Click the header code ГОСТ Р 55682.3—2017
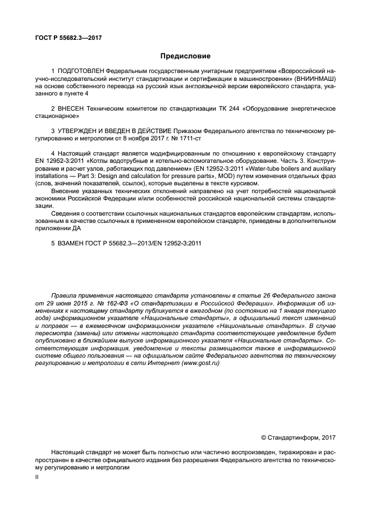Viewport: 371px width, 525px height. pos(66,38)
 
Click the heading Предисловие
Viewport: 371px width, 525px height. pos(185,56)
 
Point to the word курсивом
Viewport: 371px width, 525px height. pos(244,184)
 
